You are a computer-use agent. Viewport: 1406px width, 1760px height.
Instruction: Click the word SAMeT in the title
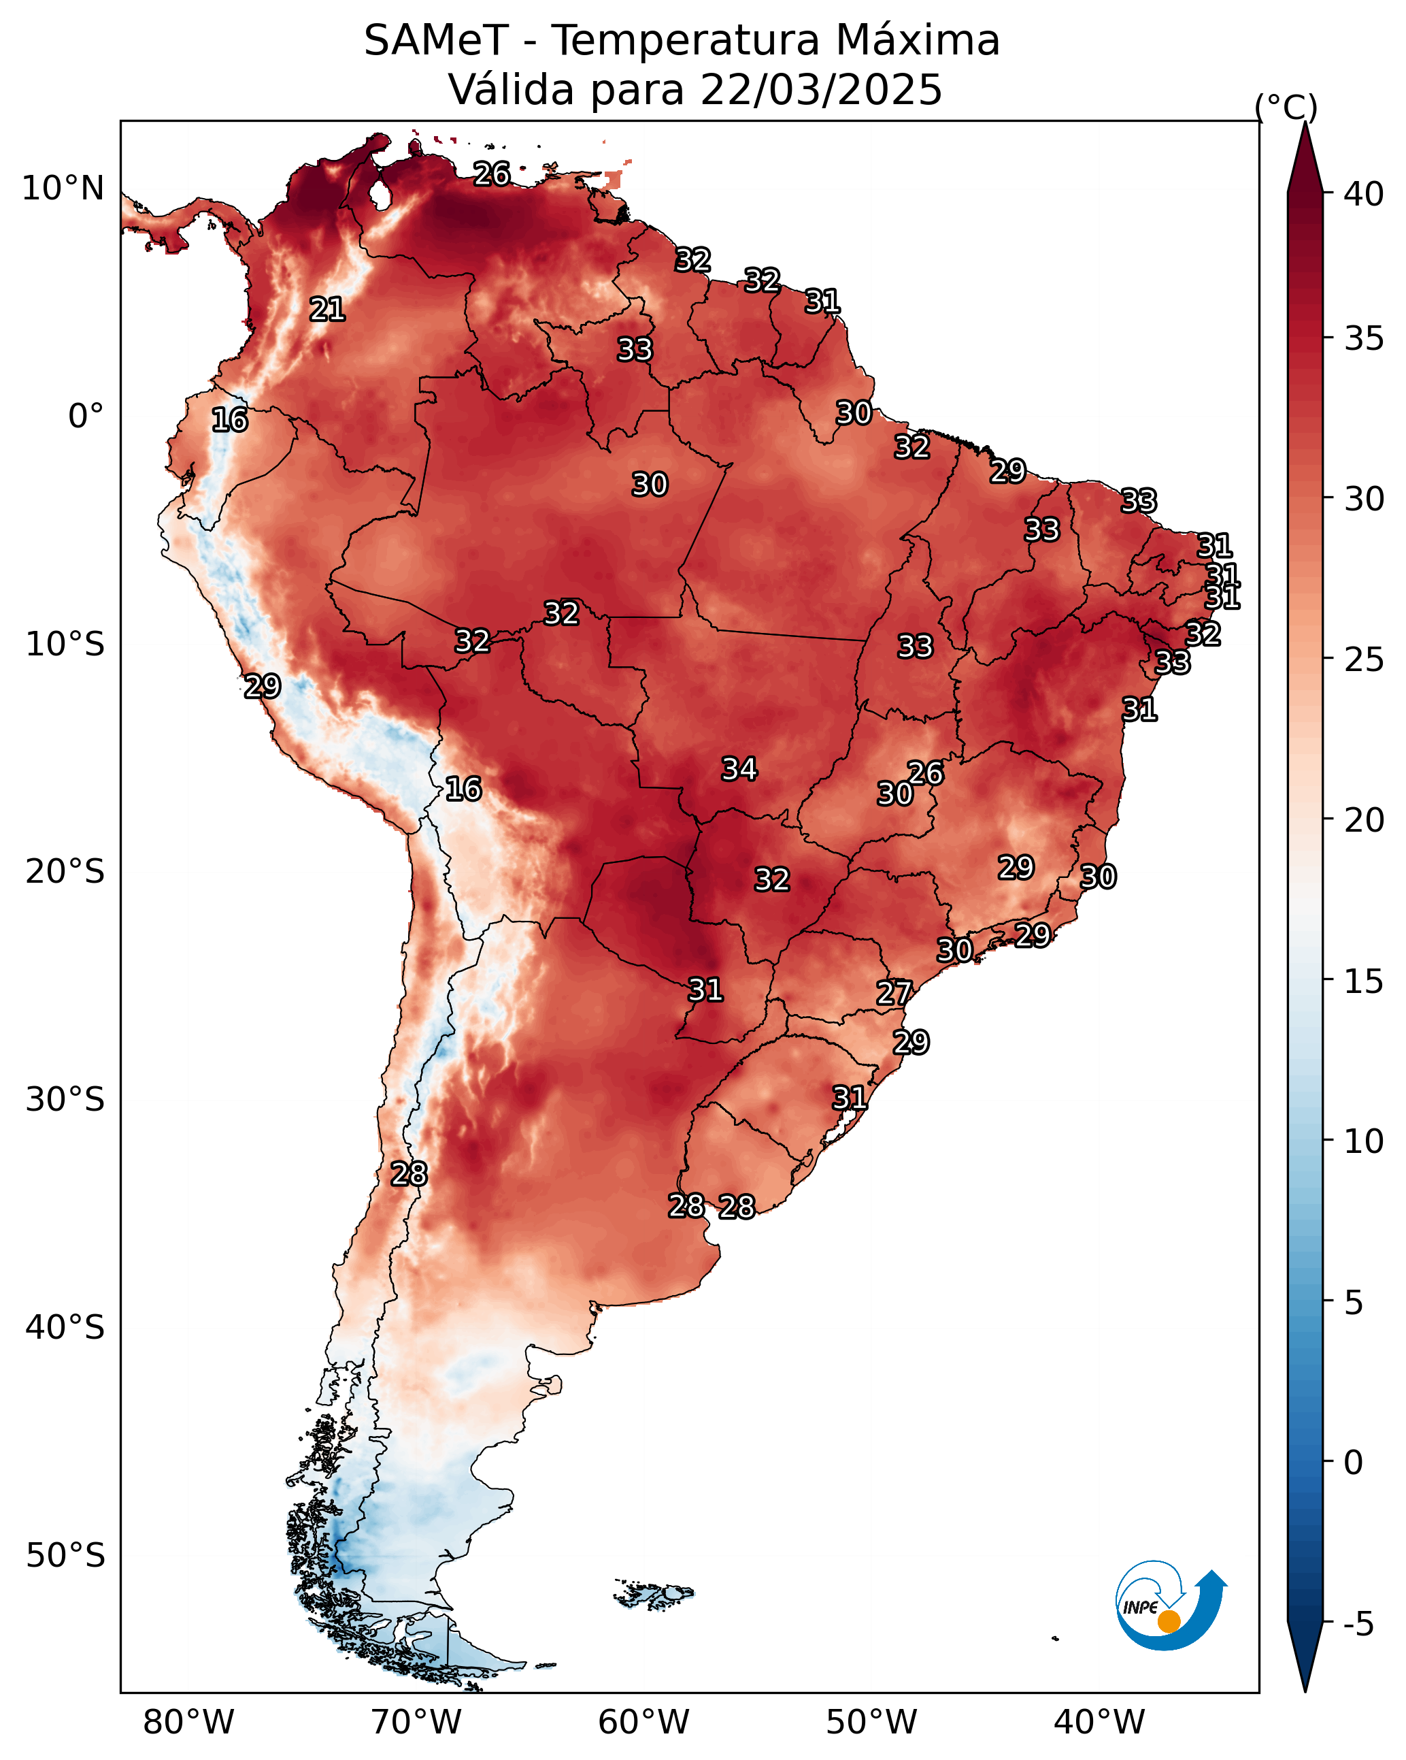437,41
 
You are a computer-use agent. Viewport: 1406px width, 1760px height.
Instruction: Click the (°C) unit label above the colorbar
1285,108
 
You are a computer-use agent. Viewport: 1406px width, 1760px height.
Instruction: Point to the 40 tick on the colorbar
1364,194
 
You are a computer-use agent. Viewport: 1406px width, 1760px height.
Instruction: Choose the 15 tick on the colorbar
1364,981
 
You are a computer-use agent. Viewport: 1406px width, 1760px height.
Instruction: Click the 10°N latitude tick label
63,189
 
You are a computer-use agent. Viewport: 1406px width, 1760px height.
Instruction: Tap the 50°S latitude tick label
65,1556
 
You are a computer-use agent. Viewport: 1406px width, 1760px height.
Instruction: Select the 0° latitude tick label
86,417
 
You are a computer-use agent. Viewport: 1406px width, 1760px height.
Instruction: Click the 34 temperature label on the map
739,769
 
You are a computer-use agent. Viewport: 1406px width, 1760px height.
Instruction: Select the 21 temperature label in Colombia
327,310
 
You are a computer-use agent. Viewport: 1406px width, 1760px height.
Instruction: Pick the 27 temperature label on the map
894,994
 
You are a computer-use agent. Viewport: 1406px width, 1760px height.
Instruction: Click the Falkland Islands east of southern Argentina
654,1593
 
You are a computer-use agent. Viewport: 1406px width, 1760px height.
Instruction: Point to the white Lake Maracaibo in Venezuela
379,194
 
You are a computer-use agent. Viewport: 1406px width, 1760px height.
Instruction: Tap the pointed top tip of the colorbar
1305,123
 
